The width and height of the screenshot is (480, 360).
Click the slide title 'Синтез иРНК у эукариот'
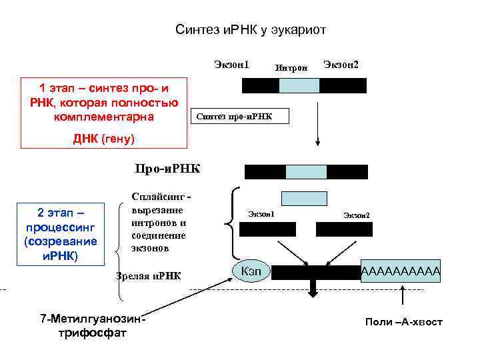[250, 31]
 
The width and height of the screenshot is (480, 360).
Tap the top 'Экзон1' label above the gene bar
[231, 65]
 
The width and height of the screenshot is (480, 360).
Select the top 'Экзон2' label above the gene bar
[341, 65]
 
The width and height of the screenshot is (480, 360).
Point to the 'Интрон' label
[291, 67]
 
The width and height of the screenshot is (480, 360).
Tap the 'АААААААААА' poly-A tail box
[401, 271]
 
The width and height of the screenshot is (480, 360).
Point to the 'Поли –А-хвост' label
[403, 322]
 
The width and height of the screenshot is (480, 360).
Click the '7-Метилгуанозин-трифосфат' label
[93, 325]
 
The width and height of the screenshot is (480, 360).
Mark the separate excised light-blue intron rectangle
[304, 198]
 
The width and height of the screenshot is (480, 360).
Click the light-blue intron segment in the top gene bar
[299, 85]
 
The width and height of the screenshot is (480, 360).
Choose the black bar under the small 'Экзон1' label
[263, 229]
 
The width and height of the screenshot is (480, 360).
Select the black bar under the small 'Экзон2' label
[344, 229]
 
